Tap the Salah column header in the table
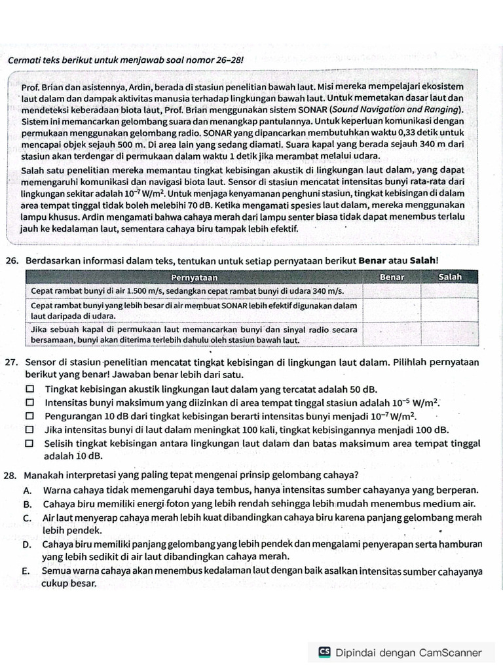(x=450, y=277)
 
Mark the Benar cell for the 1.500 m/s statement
(x=391, y=291)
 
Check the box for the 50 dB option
(x=29, y=389)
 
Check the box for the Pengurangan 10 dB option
(x=29, y=416)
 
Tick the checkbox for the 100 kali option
(x=29, y=430)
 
